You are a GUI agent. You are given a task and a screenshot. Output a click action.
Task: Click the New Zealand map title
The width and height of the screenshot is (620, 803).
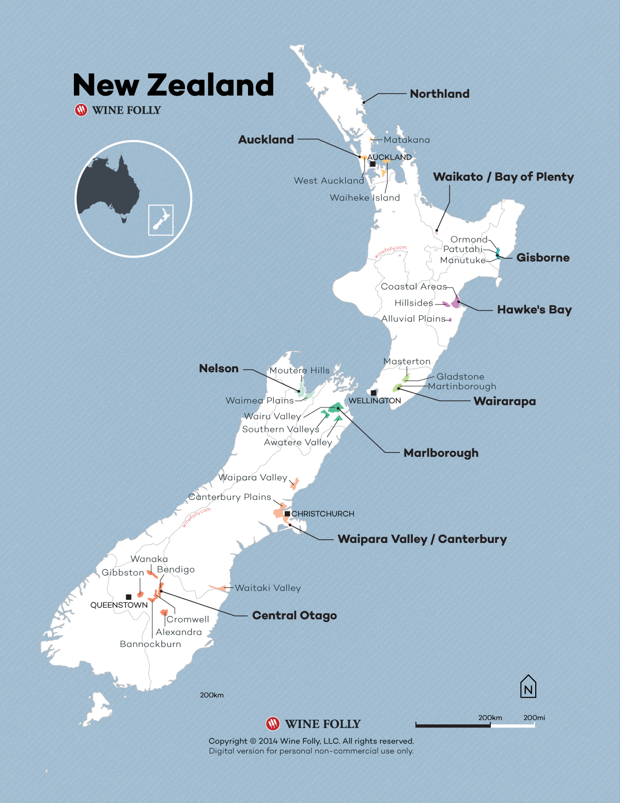pyautogui.click(x=173, y=85)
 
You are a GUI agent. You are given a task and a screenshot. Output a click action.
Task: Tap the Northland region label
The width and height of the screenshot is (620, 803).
pyautogui.click(x=440, y=94)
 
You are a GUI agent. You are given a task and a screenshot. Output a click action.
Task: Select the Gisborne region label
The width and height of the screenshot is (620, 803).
pyautogui.click(x=542, y=257)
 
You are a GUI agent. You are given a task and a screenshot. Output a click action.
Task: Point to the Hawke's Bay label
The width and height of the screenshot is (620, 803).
pyautogui.click(x=534, y=310)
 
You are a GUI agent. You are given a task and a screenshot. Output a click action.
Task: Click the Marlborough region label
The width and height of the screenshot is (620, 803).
pyautogui.click(x=441, y=453)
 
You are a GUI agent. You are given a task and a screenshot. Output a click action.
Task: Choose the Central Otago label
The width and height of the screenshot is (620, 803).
pyautogui.click(x=295, y=615)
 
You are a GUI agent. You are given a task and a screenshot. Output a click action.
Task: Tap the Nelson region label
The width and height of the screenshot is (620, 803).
pyautogui.click(x=219, y=369)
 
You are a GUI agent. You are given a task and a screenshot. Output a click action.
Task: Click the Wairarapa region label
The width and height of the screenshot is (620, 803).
pyautogui.click(x=504, y=401)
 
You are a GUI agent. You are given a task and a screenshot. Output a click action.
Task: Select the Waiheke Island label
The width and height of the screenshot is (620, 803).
pyautogui.click(x=365, y=198)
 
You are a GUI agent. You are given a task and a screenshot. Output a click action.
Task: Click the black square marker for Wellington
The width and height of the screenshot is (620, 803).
pyautogui.click(x=373, y=393)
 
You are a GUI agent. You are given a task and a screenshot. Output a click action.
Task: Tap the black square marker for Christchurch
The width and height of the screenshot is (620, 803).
pyautogui.click(x=287, y=513)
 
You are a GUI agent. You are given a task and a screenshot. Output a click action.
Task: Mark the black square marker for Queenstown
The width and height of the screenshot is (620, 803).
pyautogui.click(x=129, y=597)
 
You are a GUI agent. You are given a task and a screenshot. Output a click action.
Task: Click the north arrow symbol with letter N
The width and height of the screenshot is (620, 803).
pyautogui.click(x=528, y=687)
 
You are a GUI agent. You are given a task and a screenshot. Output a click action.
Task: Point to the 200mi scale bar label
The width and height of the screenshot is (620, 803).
pyautogui.click(x=534, y=718)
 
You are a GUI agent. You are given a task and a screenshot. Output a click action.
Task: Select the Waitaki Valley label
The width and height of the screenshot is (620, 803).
pyautogui.click(x=268, y=588)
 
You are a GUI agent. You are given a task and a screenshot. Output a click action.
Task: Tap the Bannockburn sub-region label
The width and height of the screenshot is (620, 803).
pyautogui.click(x=150, y=644)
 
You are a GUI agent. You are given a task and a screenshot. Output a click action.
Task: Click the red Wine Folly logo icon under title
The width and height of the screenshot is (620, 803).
pyautogui.click(x=81, y=110)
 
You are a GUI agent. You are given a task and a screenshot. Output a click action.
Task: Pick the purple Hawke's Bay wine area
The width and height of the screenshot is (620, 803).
pyautogui.click(x=456, y=301)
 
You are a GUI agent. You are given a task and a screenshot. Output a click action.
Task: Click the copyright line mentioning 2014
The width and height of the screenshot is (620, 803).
pyautogui.click(x=311, y=741)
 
